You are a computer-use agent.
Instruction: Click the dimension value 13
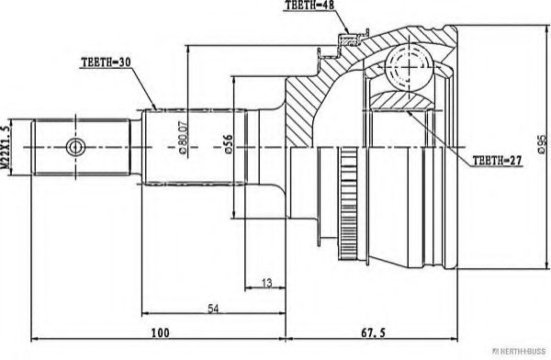click(266, 283)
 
